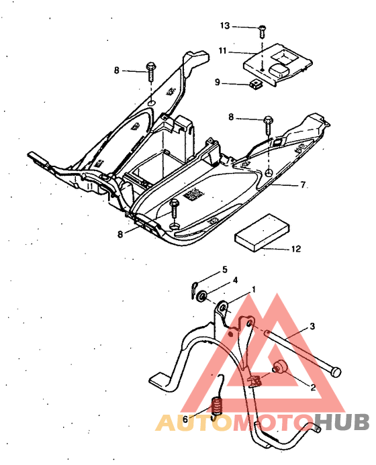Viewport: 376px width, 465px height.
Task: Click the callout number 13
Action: click(225, 25)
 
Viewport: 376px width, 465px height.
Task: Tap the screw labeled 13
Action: click(262, 32)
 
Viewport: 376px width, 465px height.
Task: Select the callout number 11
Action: click(222, 51)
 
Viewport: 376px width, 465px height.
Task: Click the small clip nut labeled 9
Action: click(255, 85)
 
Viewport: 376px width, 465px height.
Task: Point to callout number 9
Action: click(218, 82)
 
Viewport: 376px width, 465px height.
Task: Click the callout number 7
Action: click(303, 185)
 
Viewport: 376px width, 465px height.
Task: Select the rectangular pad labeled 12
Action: click(263, 233)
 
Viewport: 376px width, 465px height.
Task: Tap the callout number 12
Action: click(296, 248)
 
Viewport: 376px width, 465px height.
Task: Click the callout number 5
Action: click(225, 270)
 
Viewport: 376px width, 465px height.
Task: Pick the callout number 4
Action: click(235, 280)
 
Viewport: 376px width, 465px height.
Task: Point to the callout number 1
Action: click(253, 289)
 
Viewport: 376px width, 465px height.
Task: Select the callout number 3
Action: click(312, 327)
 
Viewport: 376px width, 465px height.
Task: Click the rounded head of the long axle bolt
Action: click(336, 372)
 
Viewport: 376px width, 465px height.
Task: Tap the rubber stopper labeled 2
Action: click(279, 367)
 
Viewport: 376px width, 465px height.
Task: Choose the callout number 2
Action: click(313, 387)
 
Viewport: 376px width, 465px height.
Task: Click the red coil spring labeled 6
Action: click(217, 406)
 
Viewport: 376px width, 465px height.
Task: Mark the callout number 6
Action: click(185, 419)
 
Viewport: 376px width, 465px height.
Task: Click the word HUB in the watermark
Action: click(342, 421)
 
